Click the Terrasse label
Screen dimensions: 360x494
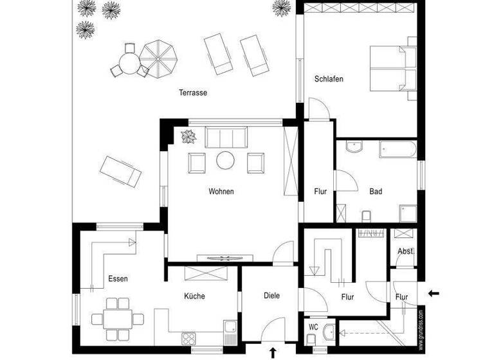point(193,93)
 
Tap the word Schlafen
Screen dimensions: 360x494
point(329,79)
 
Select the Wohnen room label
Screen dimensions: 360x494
point(221,192)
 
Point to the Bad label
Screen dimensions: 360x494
point(376,192)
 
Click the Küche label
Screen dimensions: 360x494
point(194,296)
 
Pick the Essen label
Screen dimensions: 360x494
point(118,279)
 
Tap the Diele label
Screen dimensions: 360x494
point(272,296)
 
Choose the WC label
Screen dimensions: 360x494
point(313,327)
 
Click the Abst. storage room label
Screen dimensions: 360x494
point(405,251)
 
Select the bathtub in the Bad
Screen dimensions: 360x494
point(398,149)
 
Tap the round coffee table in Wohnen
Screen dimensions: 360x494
point(226,160)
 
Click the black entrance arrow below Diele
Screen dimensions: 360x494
point(273,352)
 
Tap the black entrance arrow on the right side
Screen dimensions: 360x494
point(434,294)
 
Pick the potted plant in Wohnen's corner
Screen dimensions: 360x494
point(189,136)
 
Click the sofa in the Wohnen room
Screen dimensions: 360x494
point(226,138)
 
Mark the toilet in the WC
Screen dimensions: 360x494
point(329,332)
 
